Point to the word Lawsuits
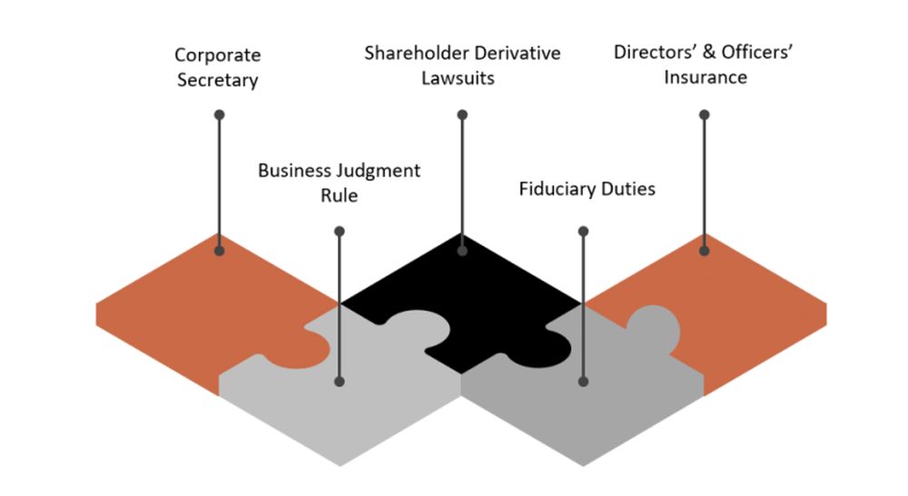coord(462,77)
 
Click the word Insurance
coord(706,77)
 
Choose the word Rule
coord(339,195)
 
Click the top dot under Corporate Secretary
coord(219,114)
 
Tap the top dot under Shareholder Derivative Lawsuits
coord(462,114)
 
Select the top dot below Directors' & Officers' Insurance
coord(705,114)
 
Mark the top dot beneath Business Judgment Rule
coord(340,229)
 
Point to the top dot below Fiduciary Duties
coord(583,229)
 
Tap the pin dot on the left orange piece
coord(219,250)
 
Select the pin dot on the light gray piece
coord(340,382)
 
